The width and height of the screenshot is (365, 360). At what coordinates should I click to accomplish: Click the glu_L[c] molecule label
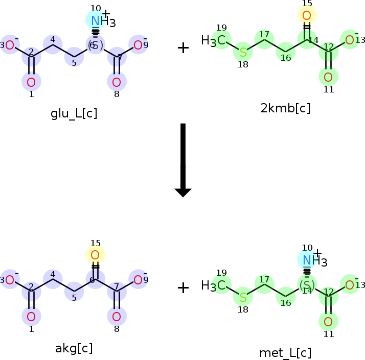pyautogui.click(x=74, y=113)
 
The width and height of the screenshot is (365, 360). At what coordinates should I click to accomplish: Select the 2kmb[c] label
pyautogui.click(x=285, y=108)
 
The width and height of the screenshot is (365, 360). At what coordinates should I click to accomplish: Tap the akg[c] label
pyautogui.click(x=74, y=348)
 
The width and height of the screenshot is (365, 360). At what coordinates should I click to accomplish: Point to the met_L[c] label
pyautogui.click(x=285, y=353)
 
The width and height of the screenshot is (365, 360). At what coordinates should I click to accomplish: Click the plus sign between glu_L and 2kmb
pyautogui.click(x=183, y=48)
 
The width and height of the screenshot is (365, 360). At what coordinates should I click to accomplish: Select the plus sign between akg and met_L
pyautogui.click(x=183, y=288)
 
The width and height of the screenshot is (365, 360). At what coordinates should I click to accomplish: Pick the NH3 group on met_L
pyautogui.click(x=312, y=260)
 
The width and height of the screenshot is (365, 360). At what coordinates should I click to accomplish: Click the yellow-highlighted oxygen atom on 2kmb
pyautogui.click(x=307, y=15)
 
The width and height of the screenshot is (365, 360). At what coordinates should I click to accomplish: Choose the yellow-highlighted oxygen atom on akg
pyautogui.click(x=95, y=254)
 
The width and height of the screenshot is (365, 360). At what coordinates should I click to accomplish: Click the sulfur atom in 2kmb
pyautogui.click(x=243, y=52)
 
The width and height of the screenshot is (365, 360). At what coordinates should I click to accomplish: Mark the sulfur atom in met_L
pyautogui.click(x=243, y=297)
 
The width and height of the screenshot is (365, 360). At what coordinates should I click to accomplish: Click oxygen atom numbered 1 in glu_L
pyautogui.click(x=31, y=82)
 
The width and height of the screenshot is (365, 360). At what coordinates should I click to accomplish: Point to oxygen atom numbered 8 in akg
pyautogui.click(x=117, y=317)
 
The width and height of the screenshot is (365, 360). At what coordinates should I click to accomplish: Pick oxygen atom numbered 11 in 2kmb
pyautogui.click(x=328, y=78)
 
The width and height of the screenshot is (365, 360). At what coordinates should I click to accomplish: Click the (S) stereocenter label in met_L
pyautogui.click(x=307, y=284)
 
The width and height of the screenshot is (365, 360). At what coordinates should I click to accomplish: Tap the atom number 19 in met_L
pyautogui.click(x=221, y=273)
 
